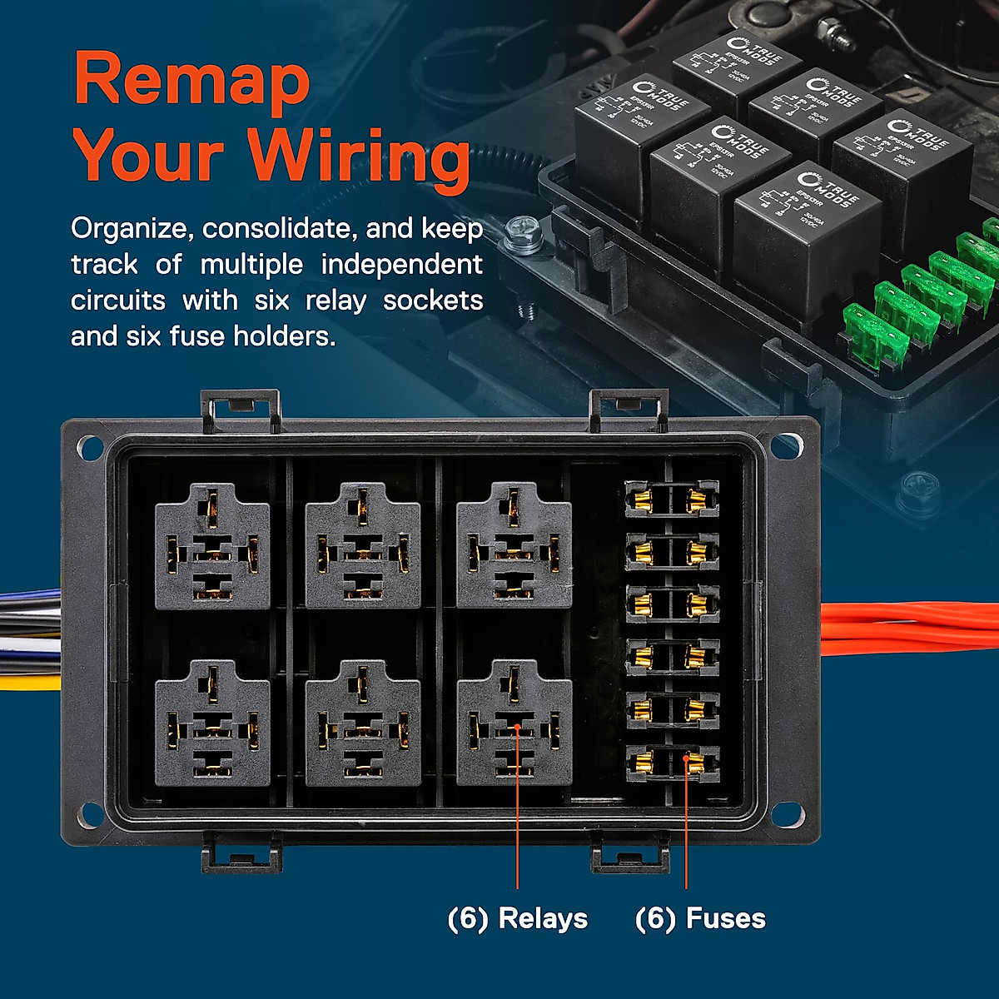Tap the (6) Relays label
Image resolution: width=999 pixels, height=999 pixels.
(517, 918)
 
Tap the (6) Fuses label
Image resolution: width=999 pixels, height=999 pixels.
(699, 918)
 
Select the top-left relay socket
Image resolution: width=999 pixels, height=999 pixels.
(212, 546)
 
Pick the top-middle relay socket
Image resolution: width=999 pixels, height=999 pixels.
(363, 546)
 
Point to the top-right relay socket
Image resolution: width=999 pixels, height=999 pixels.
(514, 546)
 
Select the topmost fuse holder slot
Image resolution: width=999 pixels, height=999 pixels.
(671, 499)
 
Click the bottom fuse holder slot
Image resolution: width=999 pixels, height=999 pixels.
(671, 761)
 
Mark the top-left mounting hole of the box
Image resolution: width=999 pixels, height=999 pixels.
(89, 448)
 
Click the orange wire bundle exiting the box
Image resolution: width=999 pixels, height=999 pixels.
(907, 629)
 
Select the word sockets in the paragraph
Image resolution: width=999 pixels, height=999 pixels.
(433, 301)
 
